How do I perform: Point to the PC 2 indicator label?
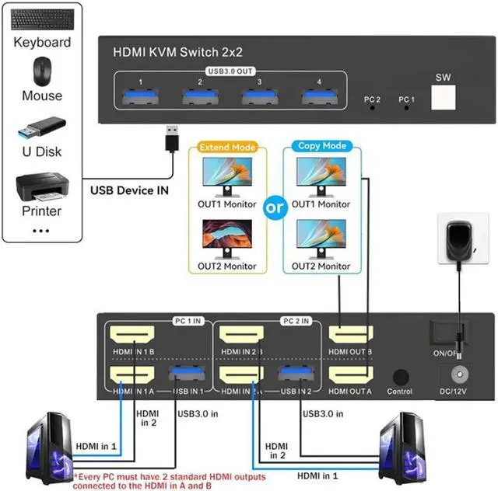point(372,99)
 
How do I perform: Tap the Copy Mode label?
point(323,146)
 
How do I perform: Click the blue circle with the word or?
point(275,208)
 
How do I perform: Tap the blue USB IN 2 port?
point(295,374)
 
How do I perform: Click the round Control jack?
point(401,376)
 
